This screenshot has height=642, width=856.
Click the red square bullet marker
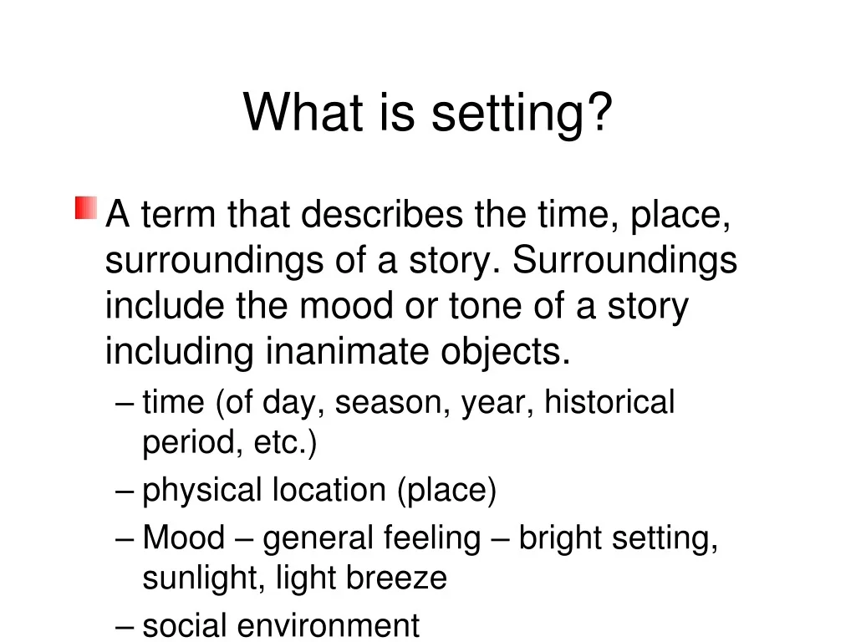click(85, 208)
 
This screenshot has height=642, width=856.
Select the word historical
click(609, 402)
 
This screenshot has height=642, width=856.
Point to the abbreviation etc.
click(284, 443)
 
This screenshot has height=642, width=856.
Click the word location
click(331, 490)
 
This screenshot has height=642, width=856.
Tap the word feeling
click(431, 538)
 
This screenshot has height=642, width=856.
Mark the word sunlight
click(198, 578)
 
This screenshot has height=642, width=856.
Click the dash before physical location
click(125, 491)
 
